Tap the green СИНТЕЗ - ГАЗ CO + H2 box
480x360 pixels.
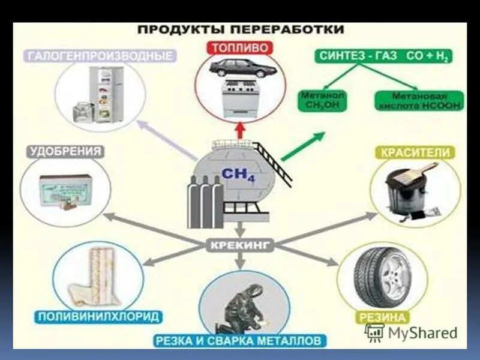(384, 56)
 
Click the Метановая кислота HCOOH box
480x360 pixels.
(418, 100)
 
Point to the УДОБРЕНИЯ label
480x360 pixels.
(64, 151)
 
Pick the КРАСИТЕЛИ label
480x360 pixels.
(415, 153)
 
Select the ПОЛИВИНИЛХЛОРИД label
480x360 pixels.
(99, 316)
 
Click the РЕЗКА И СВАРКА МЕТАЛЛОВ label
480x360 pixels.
(240, 341)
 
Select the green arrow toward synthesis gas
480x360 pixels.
(303, 147)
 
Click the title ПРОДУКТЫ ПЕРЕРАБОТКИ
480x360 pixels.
(240, 29)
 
